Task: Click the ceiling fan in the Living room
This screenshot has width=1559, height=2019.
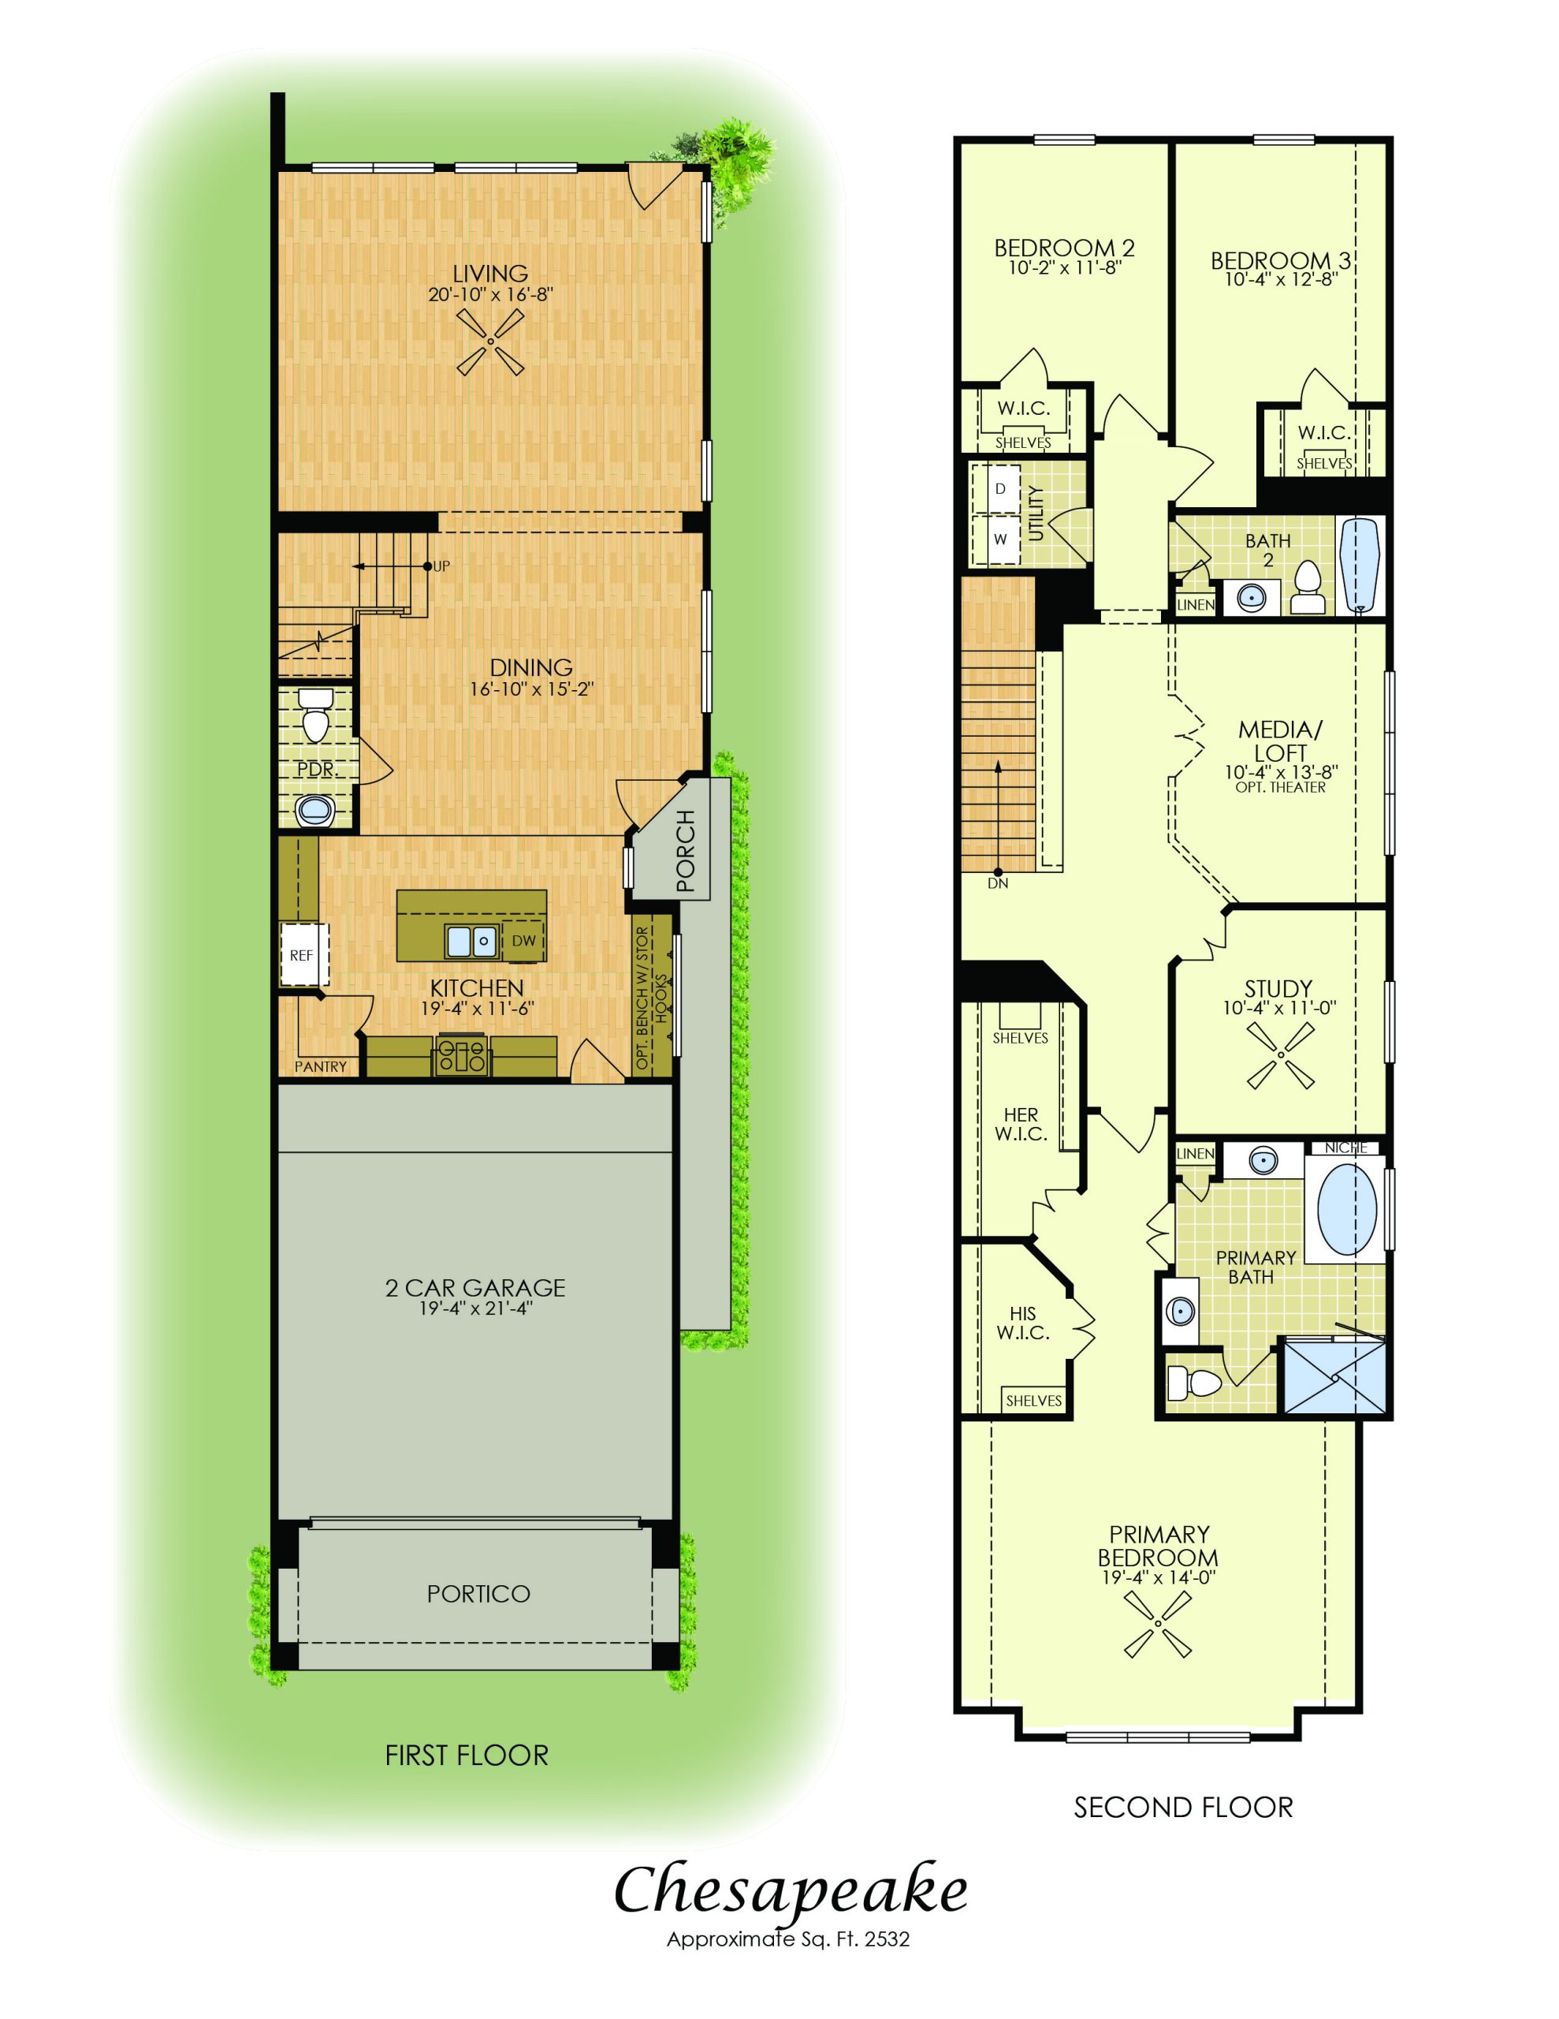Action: (x=489, y=342)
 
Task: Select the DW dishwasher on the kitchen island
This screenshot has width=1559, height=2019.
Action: (x=523, y=940)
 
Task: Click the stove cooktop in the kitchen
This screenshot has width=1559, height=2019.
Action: (x=461, y=1054)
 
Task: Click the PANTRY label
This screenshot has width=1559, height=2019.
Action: (x=321, y=1067)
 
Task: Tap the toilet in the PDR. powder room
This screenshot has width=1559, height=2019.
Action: (x=316, y=715)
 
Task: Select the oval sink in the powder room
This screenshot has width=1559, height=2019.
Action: (x=315, y=812)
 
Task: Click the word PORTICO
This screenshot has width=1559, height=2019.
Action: (x=478, y=1594)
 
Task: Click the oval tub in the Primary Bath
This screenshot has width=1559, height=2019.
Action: (x=1346, y=1208)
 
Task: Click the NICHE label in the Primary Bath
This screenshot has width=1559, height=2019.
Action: (x=1345, y=1148)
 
